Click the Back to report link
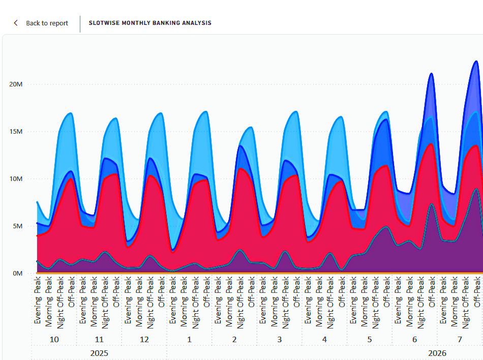coord(47,23)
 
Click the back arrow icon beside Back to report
coord(16,23)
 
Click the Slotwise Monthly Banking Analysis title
coord(150,23)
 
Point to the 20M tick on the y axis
coord(16,84)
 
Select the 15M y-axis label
coord(16,132)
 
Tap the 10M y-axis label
coord(16,179)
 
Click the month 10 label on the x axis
coord(54,339)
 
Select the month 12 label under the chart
coord(144,339)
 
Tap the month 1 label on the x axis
coord(189,339)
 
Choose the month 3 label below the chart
coord(279,339)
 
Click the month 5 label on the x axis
coord(369,339)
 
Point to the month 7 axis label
coord(459,339)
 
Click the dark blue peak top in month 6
coord(431,73)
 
